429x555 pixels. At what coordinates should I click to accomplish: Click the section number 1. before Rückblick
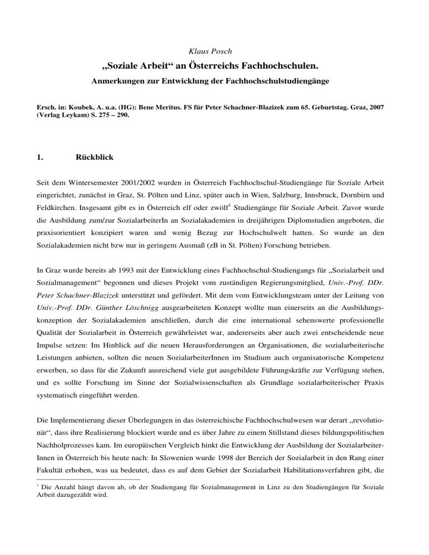tap(20, 158)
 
